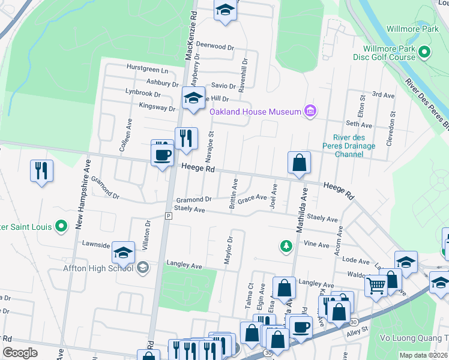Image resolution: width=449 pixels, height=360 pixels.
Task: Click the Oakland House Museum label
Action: pyautogui.click(x=255, y=112)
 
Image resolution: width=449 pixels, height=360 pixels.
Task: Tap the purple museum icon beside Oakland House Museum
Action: pyautogui.click(x=310, y=111)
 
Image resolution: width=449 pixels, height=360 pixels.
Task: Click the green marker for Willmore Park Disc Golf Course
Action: pyautogui.click(x=425, y=52)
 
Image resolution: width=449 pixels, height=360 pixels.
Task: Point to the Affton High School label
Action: pyautogui.click(x=98, y=268)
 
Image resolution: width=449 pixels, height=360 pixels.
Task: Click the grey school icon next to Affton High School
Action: pyautogui.click(x=143, y=267)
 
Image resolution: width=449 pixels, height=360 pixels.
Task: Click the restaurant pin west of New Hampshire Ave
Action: pyautogui.click(x=41, y=171)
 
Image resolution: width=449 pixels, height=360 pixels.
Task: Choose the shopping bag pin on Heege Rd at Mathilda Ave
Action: pyautogui.click(x=298, y=163)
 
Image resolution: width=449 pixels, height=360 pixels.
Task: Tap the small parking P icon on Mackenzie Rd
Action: pyautogui.click(x=169, y=215)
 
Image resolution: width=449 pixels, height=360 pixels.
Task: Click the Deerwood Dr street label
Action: pyautogui.click(x=214, y=46)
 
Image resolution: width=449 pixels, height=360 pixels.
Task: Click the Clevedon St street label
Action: pyautogui.click(x=393, y=121)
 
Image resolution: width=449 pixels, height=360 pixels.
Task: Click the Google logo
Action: pyautogui.click(x=20, y=353)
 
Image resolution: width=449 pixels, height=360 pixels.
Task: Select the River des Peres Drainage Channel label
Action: pyautogui.click(x=354, y=146)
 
